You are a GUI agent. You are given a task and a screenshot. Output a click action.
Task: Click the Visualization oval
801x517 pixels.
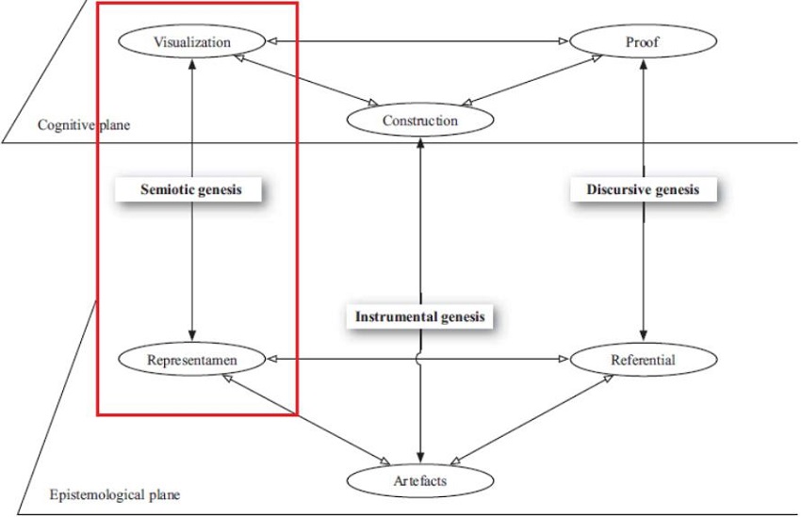point(191,41)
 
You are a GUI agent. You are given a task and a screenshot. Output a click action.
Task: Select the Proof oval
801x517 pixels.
point(643,41)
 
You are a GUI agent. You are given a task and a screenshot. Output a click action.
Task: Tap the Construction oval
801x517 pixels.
point(420,121)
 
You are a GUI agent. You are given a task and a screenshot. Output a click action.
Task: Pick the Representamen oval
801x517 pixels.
point(192,360)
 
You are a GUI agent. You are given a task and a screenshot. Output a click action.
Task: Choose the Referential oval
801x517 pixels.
point(643,360)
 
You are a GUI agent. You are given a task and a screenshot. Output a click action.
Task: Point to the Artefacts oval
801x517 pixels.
point(420,481)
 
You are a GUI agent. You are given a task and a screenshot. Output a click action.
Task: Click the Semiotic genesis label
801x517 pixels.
point(191,189)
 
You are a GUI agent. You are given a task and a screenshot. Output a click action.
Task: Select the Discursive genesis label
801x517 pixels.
point(643,189)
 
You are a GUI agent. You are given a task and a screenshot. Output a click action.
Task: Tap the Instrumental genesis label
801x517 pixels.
point(420,316)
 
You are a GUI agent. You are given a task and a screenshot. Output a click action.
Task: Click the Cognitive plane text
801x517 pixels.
point(84,125)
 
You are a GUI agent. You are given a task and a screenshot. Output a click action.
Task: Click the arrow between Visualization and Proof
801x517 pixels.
point(417,41)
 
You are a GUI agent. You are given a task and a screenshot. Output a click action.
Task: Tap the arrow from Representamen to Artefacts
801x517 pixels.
point(306,419)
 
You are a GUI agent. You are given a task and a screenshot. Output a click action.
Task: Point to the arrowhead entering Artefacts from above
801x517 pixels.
point(420,458)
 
